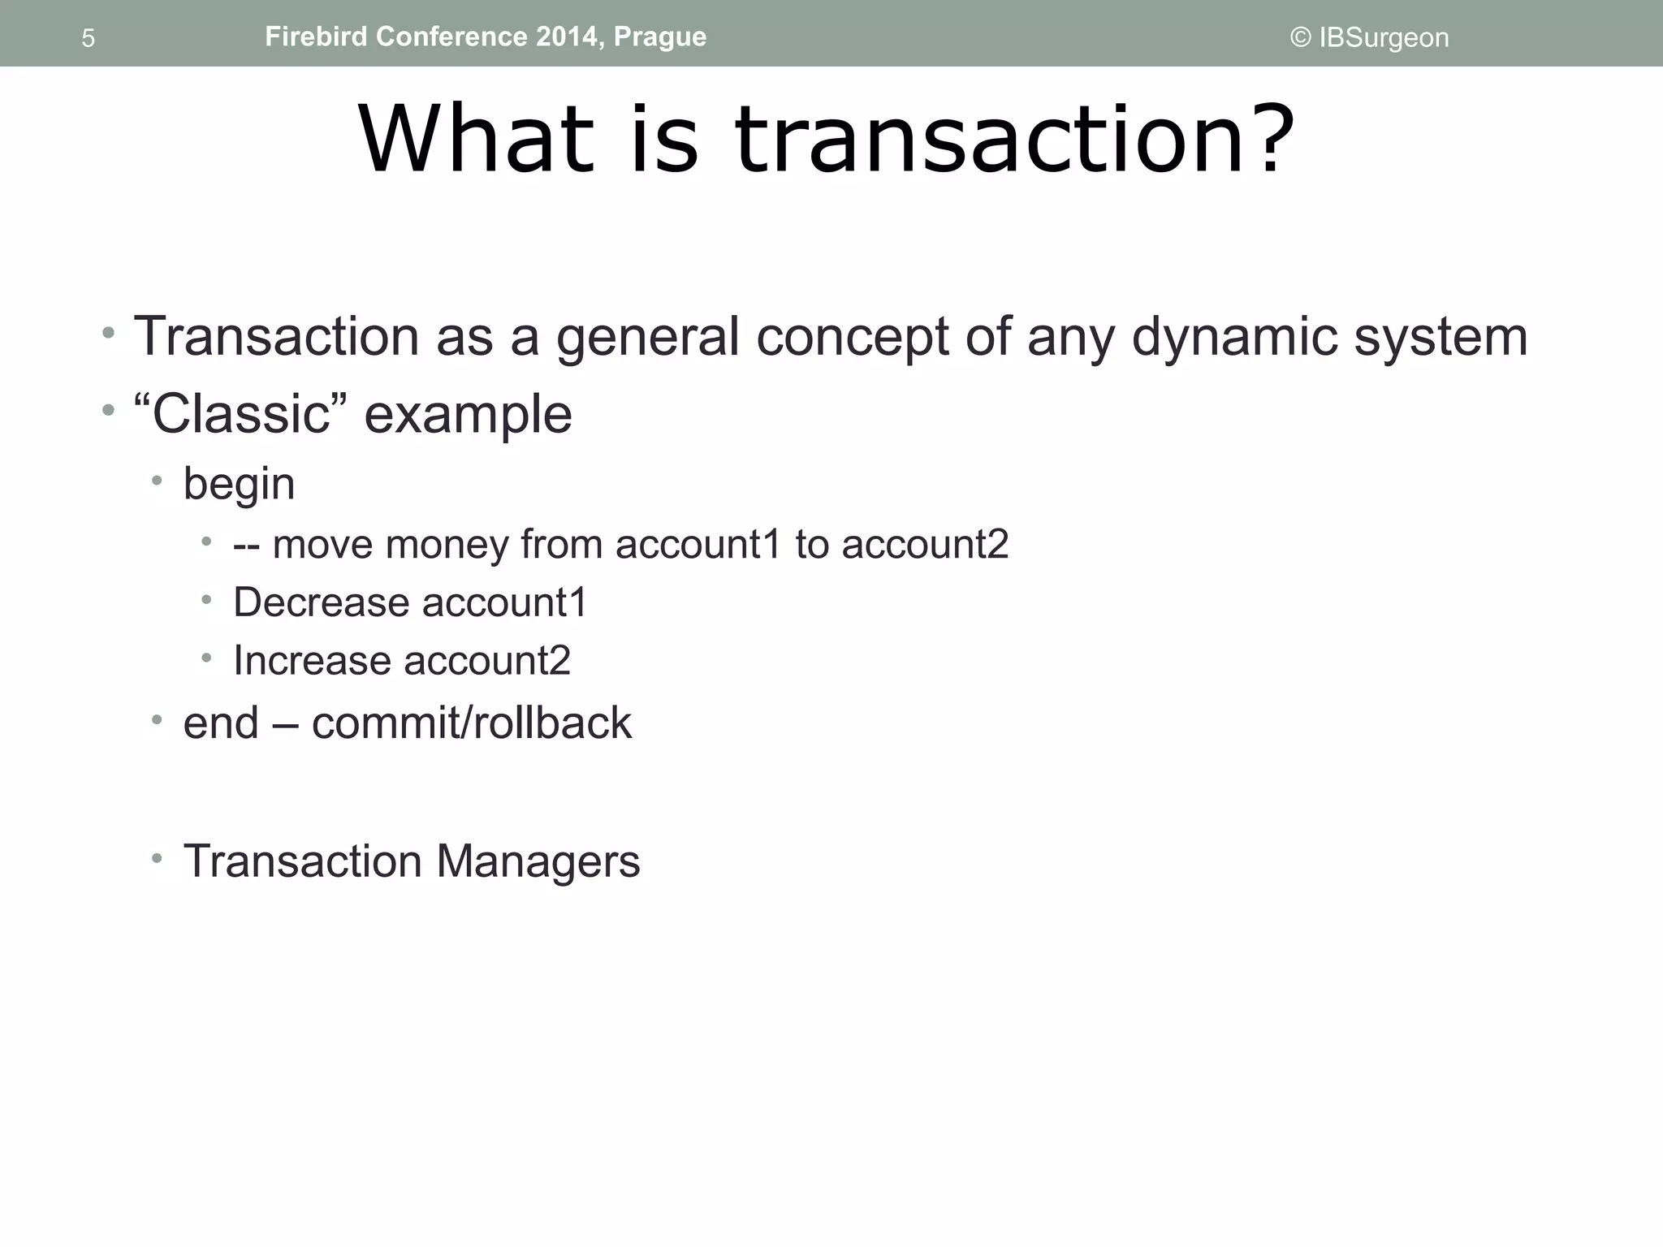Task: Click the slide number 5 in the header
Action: point(89,38)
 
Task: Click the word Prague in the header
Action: point(659,37)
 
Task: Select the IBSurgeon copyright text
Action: point(1369,37)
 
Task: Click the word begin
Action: point(239,485)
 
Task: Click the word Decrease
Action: point(322,602)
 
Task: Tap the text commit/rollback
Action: point(471,723)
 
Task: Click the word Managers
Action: point(538,861)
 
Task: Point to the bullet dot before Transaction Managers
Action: point(157,857)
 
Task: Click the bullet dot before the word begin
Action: point(157,481)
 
